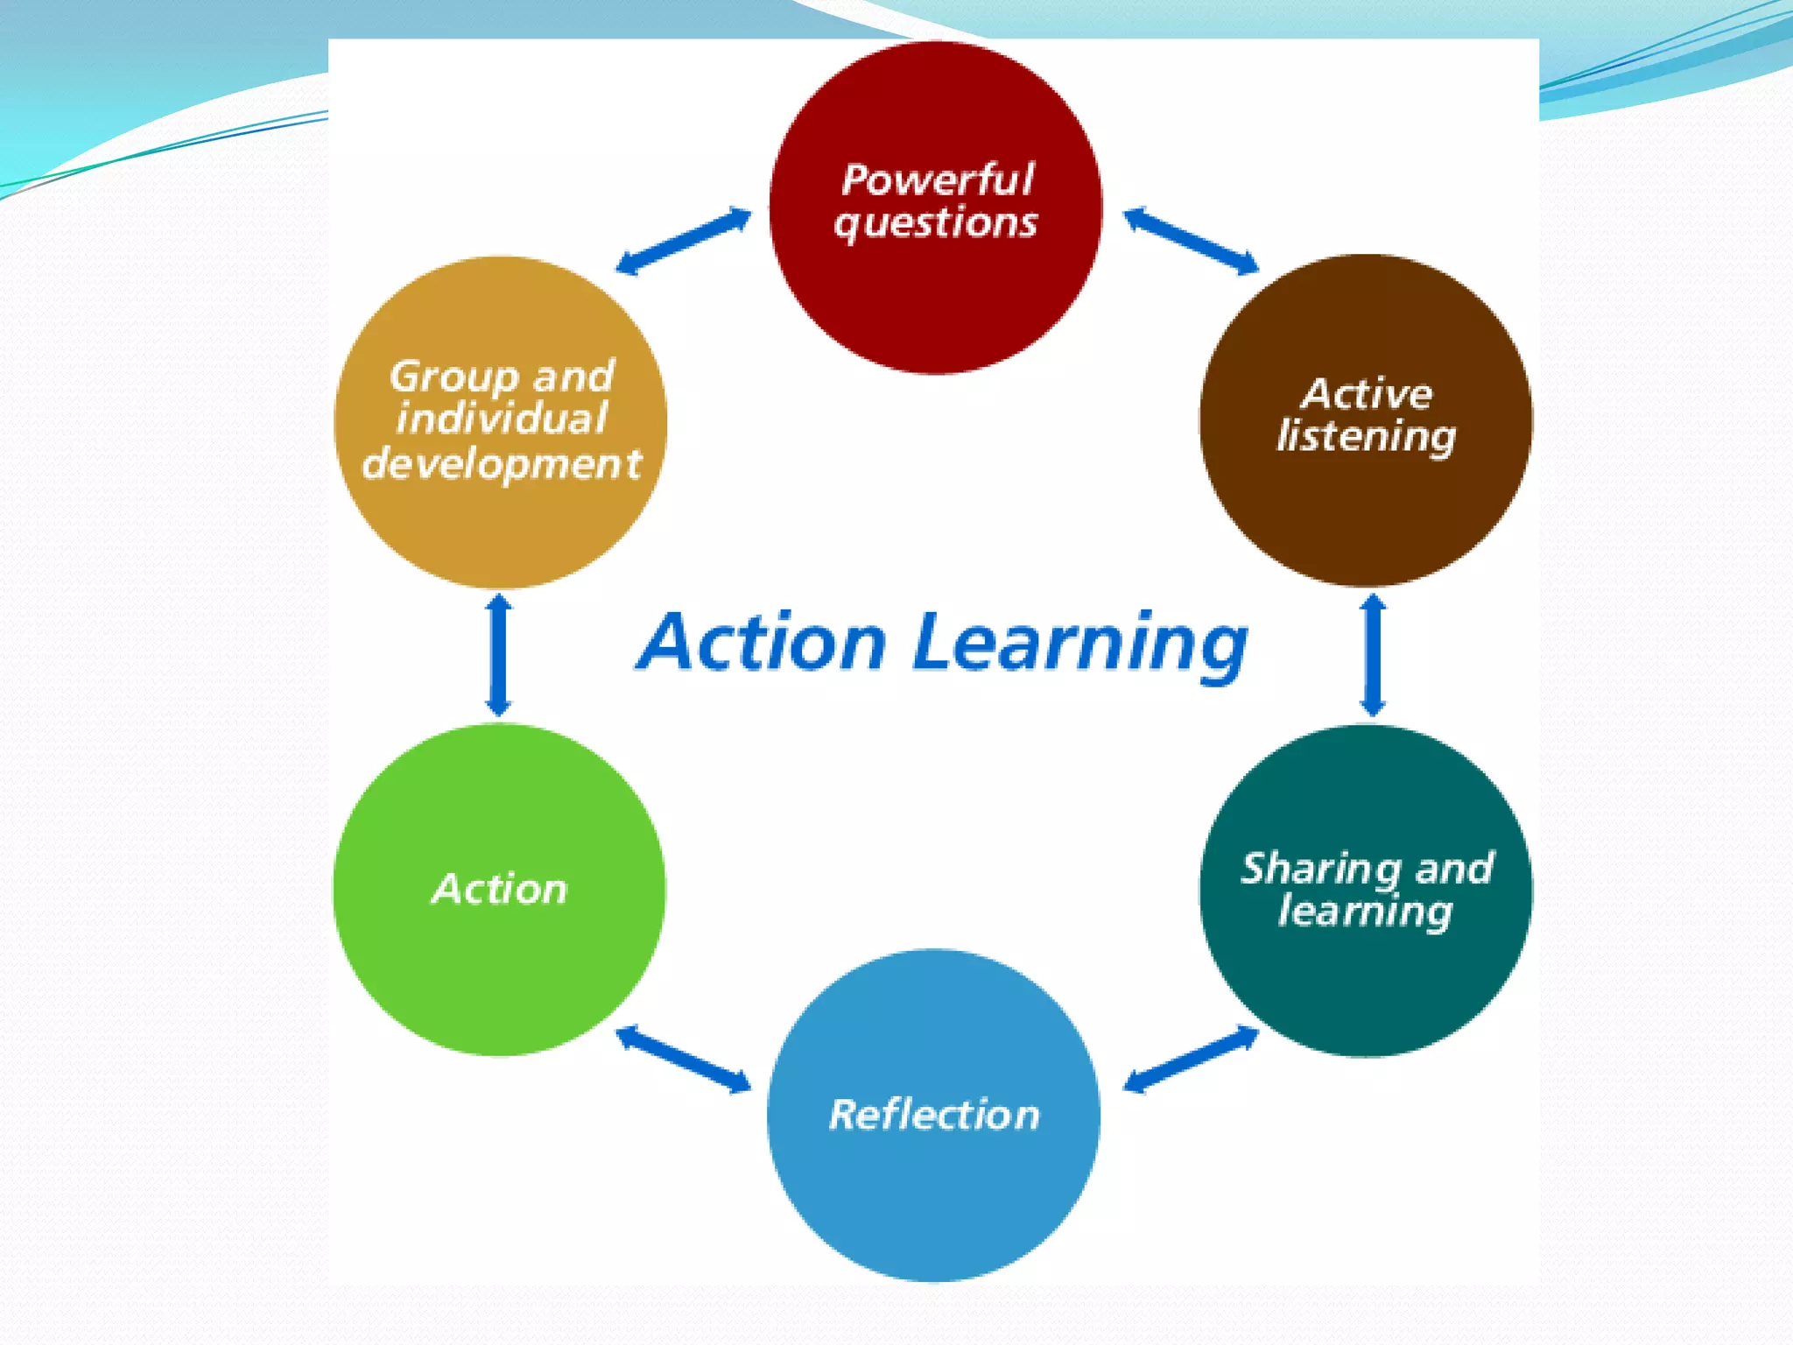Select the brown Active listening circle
[1366, 508]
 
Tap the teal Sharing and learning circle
[1366, 981]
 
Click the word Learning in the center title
[1080, 644]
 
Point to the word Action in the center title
[762, 643]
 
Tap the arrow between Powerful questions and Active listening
[1191, 240]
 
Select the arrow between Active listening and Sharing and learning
[1373, 655]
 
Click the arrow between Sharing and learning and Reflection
[1191, 1060]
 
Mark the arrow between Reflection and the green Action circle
[683, 1060]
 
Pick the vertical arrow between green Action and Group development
[499, 655]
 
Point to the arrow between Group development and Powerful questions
[683, 241]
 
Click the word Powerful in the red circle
[937, 180]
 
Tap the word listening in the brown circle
[1366, 436]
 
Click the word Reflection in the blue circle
[934, 1115]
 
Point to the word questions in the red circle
[935, 223]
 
